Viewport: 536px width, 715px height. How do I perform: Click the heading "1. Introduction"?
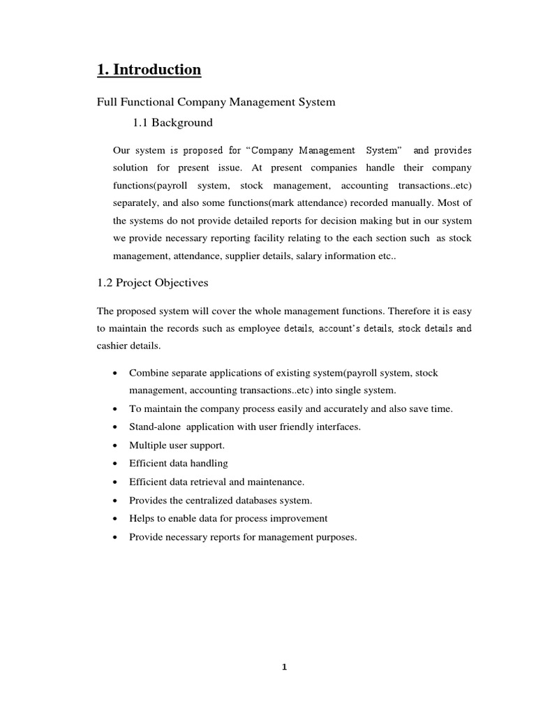click(x=148, y=70)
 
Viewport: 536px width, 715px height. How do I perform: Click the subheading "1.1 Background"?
click(x=172, y=123)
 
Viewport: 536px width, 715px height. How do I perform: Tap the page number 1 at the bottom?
click(x=284, y=667)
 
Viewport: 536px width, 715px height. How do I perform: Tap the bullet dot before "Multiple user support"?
click(x=114, y=445)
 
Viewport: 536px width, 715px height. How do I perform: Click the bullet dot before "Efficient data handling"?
click(x=114, y=464)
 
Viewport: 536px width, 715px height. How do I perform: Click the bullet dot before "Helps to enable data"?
click(x=114, y=519)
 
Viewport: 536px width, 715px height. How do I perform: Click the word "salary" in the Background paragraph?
click(x=308, y=256)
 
